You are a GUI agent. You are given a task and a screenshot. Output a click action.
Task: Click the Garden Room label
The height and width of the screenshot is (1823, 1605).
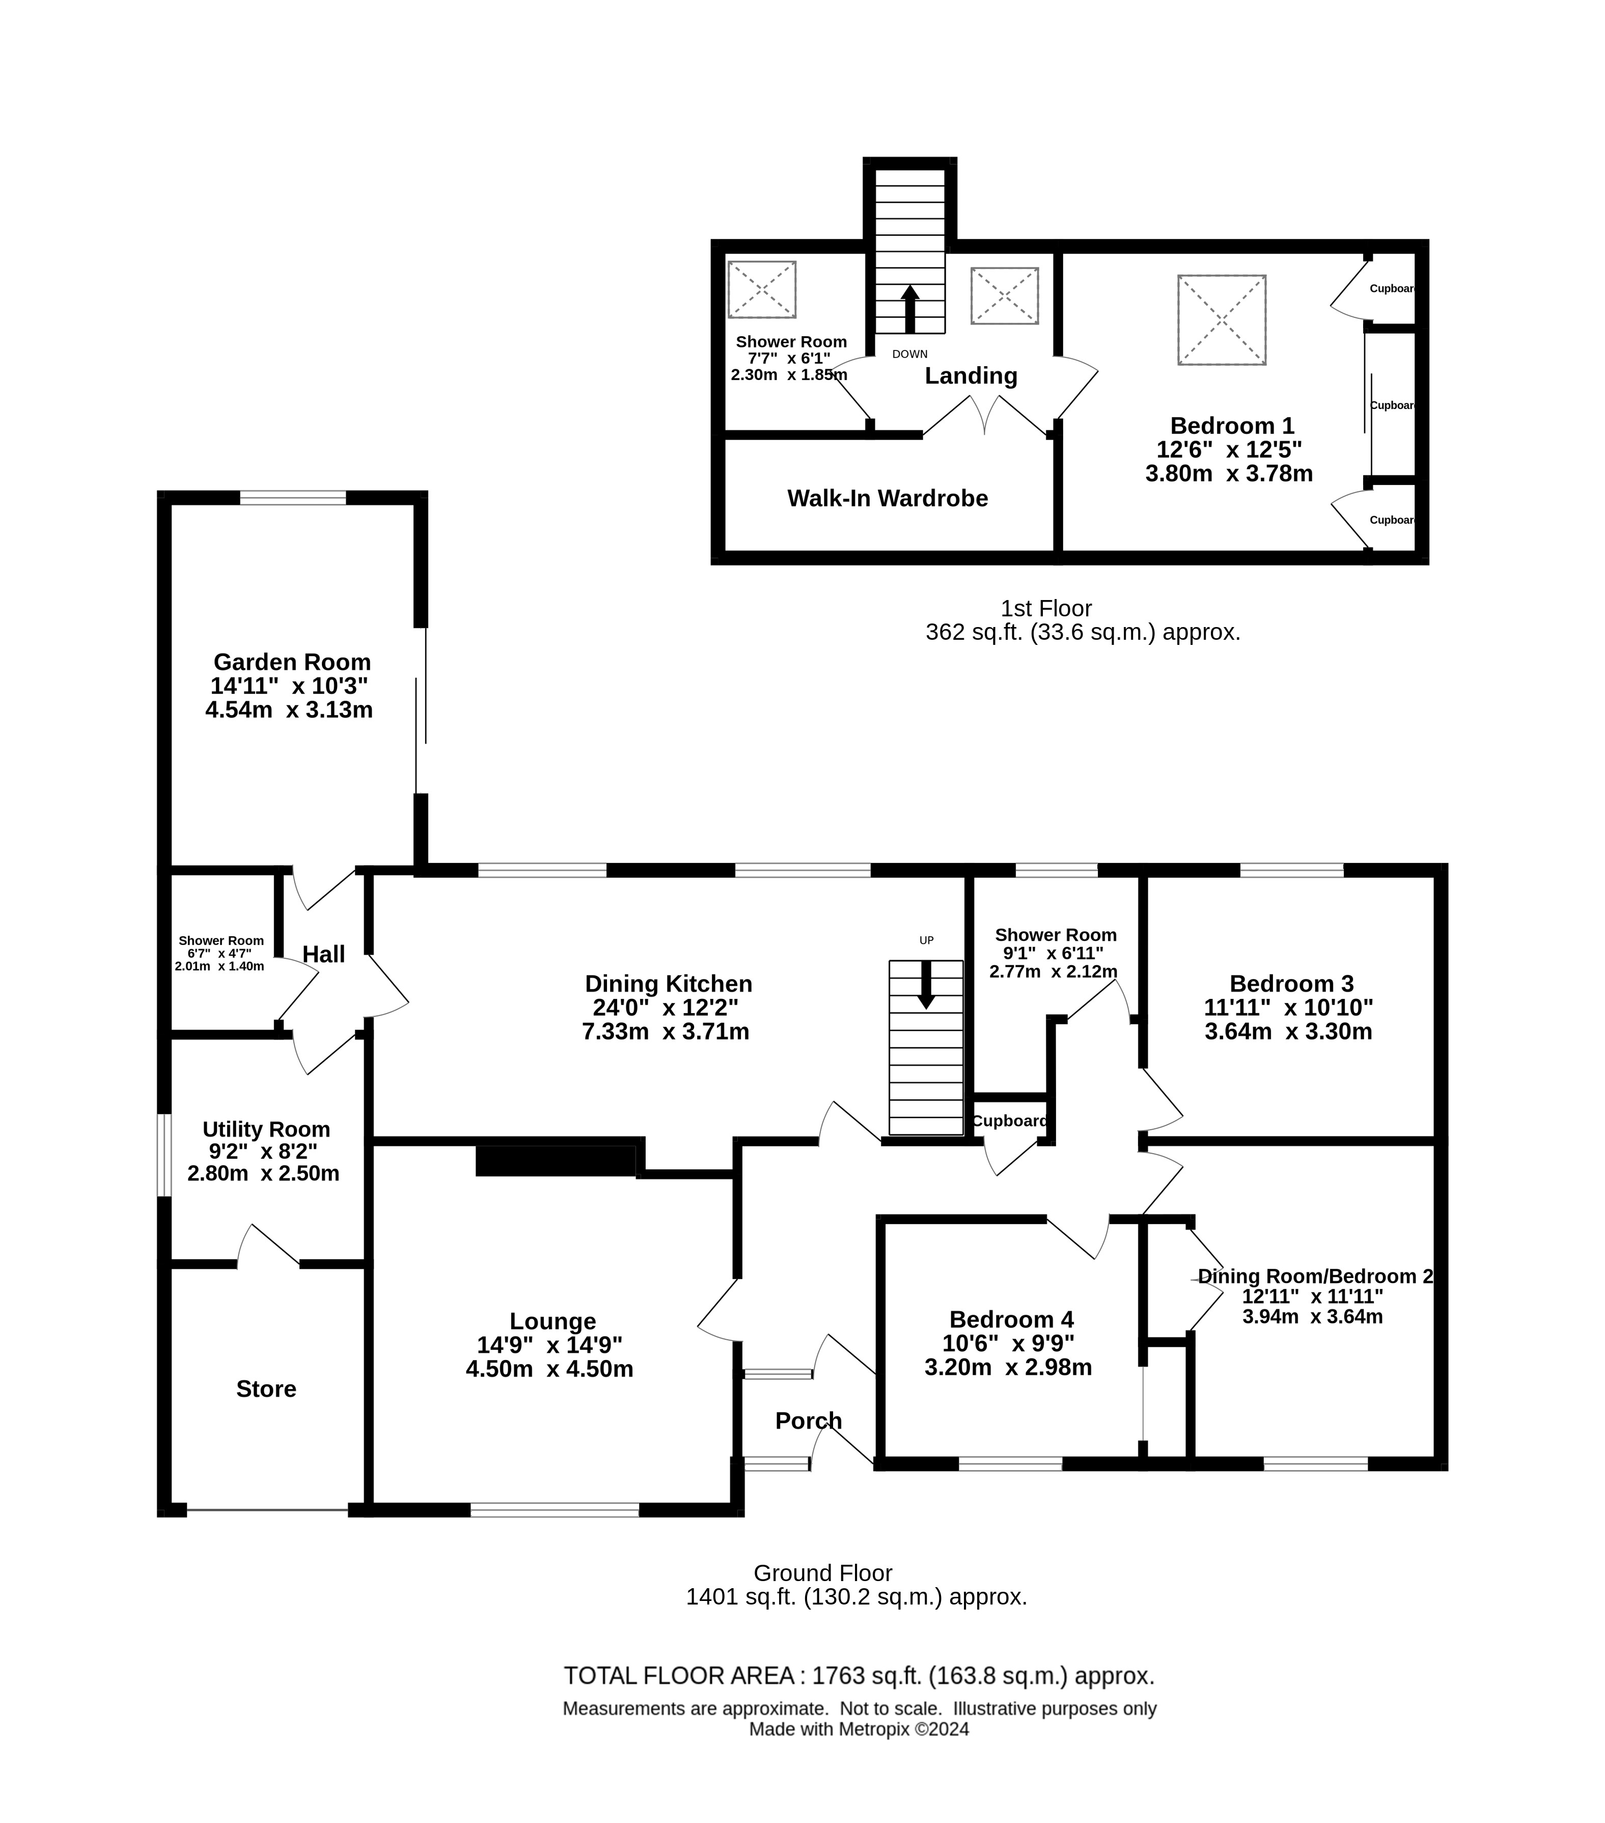[x=292, y=662]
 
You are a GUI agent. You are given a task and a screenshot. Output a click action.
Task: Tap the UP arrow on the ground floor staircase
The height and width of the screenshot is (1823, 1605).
[x=926, y=984]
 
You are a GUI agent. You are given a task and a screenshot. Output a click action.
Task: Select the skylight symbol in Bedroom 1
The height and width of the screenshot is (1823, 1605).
[x=1222, y=319]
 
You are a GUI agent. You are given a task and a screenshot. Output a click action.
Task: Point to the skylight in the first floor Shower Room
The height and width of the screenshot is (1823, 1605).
[x=761, y=289]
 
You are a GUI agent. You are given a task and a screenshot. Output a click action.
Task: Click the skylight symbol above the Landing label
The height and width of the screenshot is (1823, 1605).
[x=1004, y=295]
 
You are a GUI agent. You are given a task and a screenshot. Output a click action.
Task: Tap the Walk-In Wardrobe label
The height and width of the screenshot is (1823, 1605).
[x=887, y=498]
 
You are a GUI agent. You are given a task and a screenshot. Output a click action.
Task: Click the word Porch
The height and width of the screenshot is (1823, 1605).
[x=808, y=1421]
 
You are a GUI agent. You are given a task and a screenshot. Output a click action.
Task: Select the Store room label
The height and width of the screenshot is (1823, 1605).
[x=266, y=1389]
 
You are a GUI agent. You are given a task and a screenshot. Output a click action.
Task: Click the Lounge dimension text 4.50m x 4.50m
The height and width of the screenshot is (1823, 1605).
[x=549, y=1369]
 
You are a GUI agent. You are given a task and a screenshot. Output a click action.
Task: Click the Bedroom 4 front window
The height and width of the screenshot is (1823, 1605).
[x=1010, y=1463]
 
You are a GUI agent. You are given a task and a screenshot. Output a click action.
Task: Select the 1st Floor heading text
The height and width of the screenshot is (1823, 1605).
[x=1046, y=608]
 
